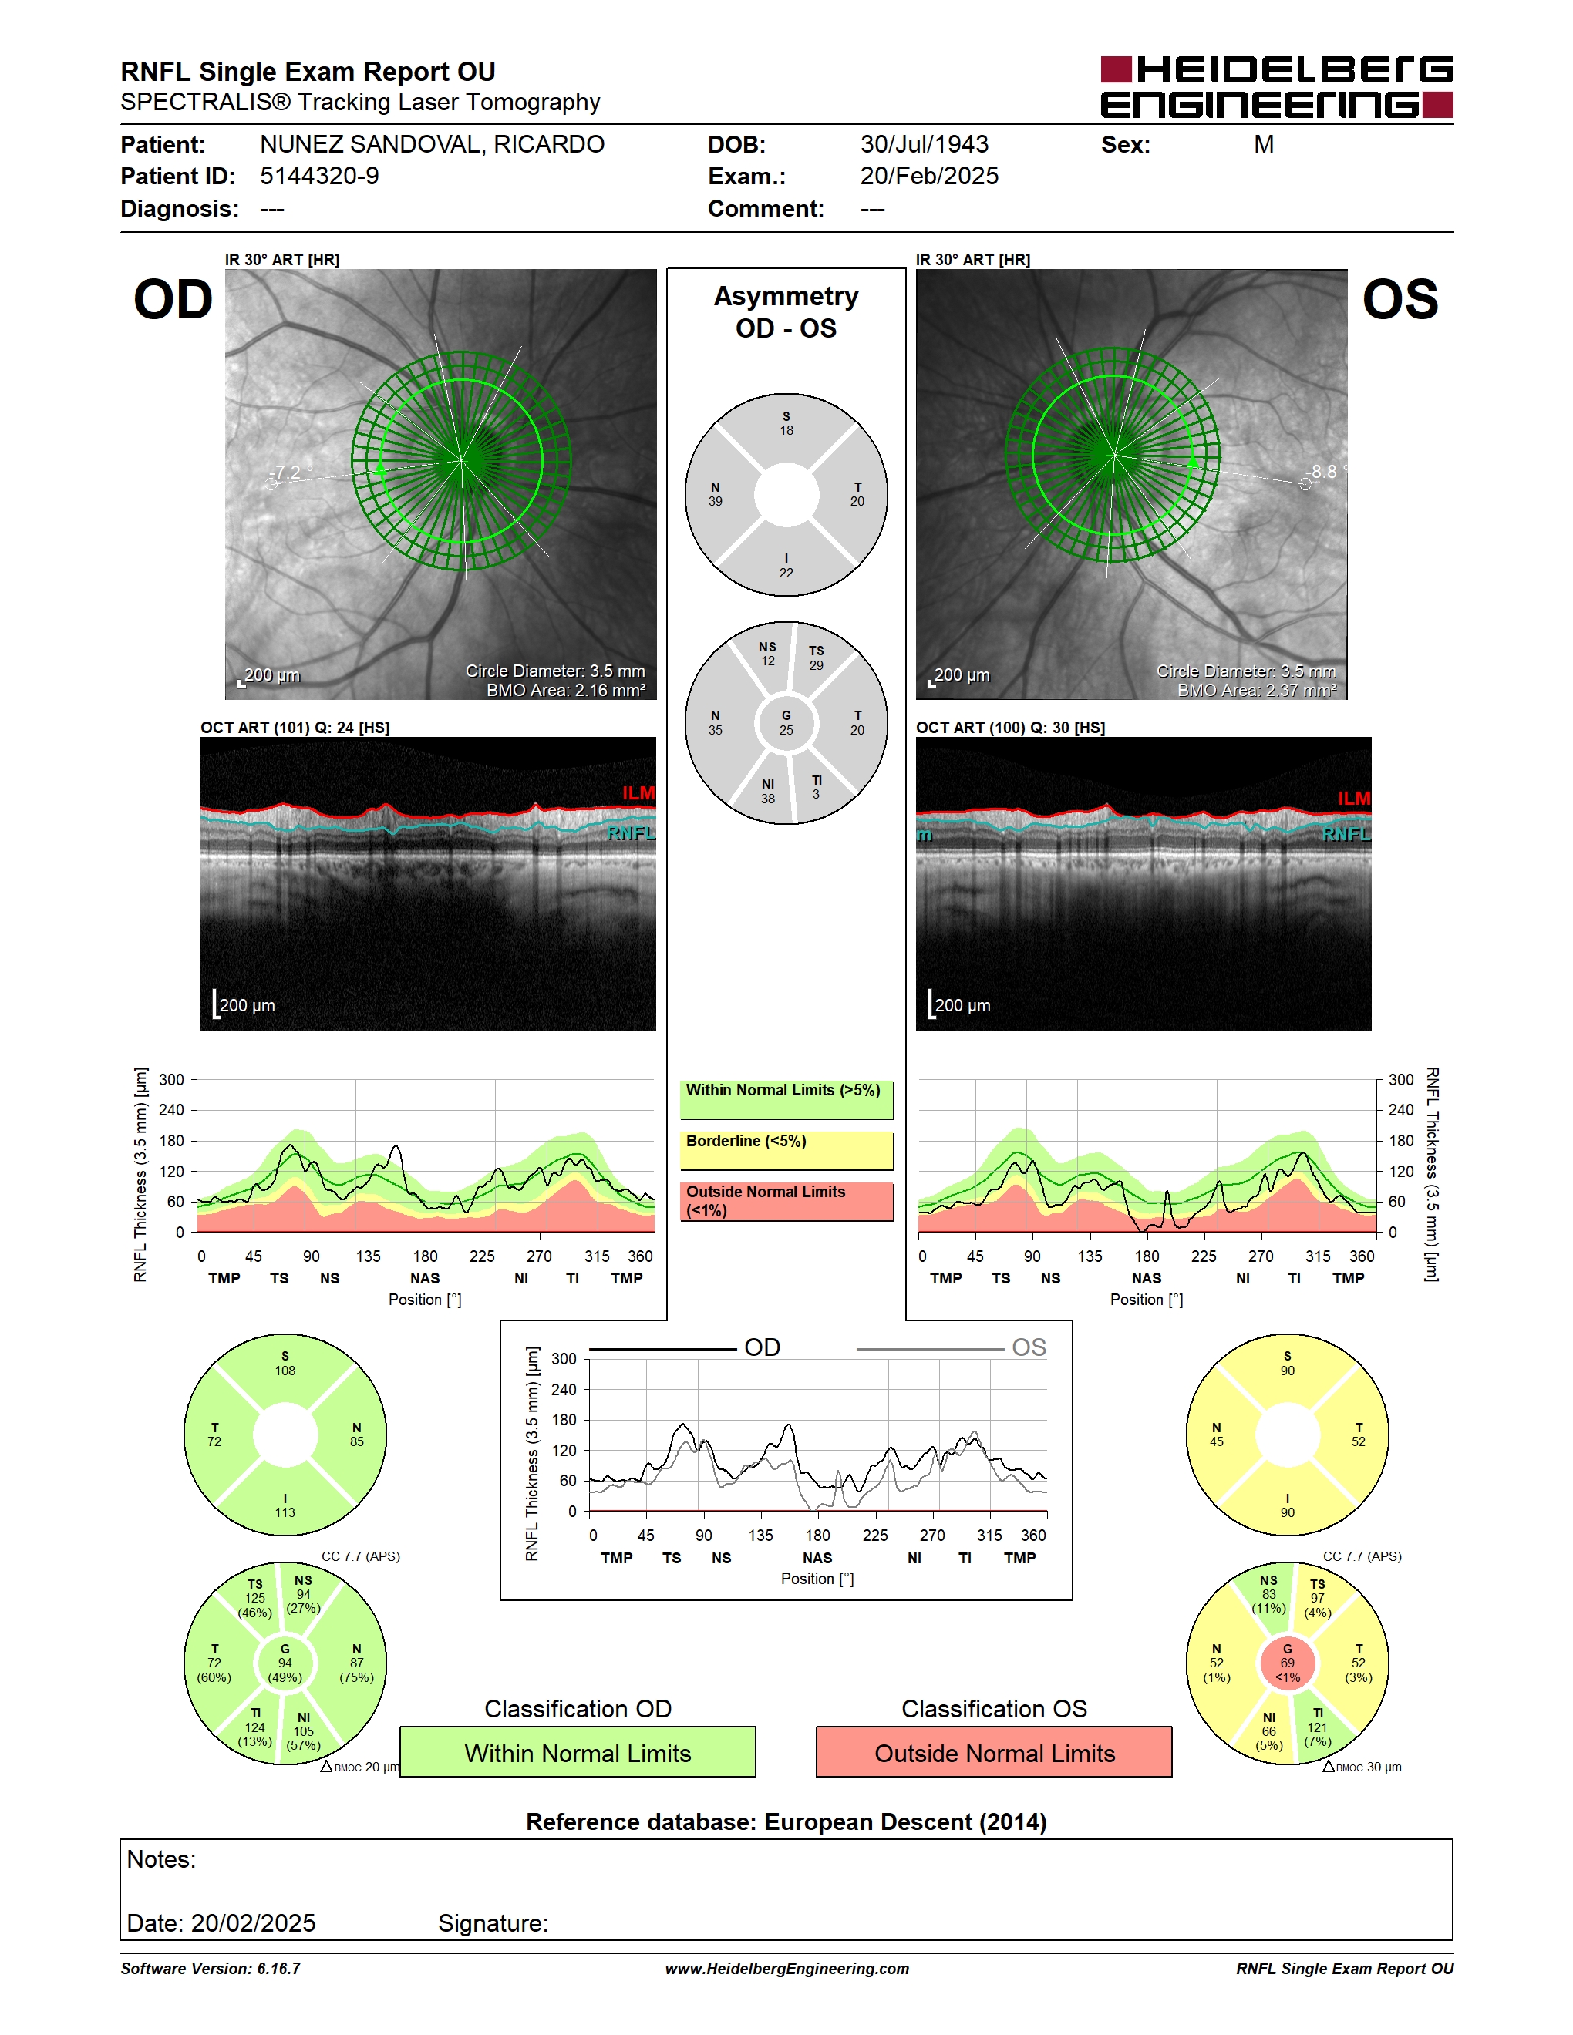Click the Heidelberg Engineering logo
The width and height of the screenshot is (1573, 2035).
1277,86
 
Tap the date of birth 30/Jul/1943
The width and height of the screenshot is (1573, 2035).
924,144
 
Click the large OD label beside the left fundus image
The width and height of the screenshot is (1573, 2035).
173,300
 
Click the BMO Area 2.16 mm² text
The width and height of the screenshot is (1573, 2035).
566,691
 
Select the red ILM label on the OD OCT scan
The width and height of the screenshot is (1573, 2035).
638,793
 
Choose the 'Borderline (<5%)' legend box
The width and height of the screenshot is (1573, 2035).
786,1151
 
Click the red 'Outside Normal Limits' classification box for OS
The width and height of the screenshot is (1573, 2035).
995,1752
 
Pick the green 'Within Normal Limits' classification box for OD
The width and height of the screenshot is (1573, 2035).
578,1752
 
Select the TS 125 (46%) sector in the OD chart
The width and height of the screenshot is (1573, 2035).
254,1598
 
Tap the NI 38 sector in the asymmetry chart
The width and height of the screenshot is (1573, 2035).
768,791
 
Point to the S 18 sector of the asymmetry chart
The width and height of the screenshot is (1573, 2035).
786,423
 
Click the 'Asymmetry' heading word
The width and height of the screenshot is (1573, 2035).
786,296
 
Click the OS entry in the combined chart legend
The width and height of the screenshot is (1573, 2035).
1029,1347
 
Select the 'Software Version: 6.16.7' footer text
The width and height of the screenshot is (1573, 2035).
211,1969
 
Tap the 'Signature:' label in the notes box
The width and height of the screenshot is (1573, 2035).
493,1923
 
